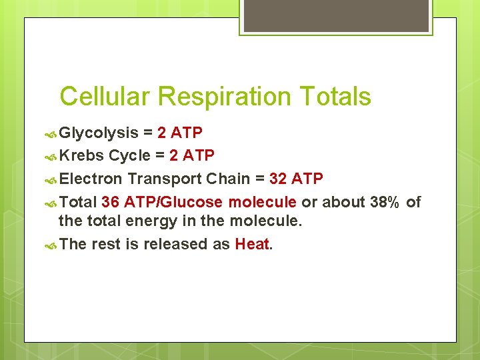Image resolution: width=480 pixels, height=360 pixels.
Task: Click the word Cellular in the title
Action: [x=105, y=97]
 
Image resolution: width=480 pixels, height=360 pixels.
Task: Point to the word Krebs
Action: [x=81, y=156]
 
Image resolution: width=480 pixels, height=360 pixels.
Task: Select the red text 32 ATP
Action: [x=296, y=179]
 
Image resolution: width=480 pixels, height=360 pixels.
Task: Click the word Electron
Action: [x=91, y=179]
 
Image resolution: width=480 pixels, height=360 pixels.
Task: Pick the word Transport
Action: [x=165, y=179]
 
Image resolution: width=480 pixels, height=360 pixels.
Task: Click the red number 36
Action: [x=111, y=202]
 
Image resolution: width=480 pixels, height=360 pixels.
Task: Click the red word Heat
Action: [x=251, y=244]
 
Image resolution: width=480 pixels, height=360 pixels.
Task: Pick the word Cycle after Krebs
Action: [x=129, y=156]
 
